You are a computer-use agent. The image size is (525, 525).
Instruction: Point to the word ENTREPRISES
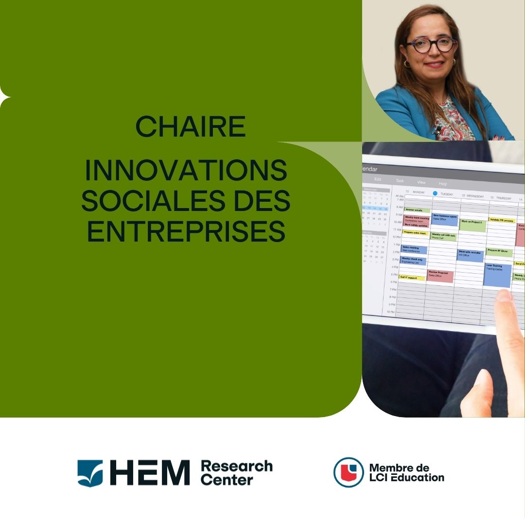pos(186,231)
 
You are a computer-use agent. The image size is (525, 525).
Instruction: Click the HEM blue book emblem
pos(90,472)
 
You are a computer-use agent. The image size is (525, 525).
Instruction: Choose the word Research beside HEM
pos(236,466)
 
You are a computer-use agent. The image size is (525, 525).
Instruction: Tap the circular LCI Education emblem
pos(348,472)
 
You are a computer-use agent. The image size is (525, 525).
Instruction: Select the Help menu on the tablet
pos(443,184)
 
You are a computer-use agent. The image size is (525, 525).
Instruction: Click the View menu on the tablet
pos(421,182)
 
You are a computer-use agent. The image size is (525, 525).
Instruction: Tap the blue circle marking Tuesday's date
pos(435,193)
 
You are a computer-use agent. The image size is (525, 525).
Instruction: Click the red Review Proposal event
pos(440,276)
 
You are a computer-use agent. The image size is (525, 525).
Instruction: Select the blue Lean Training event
pos(497,275)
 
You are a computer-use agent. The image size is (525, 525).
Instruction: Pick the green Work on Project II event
pos(472,225)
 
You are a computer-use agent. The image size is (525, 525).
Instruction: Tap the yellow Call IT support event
pos(412,278)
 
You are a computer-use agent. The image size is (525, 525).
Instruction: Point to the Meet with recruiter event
pos(470,255)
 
